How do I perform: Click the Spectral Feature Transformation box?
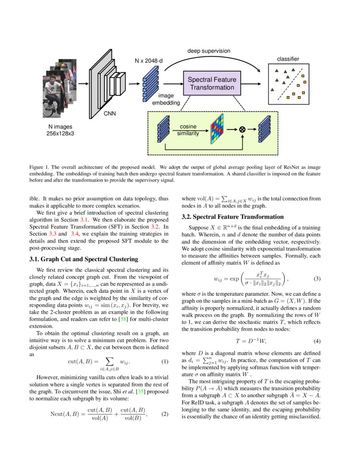(212, 83)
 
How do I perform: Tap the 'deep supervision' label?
(209, 51)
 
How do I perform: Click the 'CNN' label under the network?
(110, 113)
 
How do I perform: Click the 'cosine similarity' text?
(188, 130)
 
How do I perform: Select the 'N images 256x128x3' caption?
(60, 130)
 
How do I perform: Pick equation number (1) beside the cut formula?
(165, 362)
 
